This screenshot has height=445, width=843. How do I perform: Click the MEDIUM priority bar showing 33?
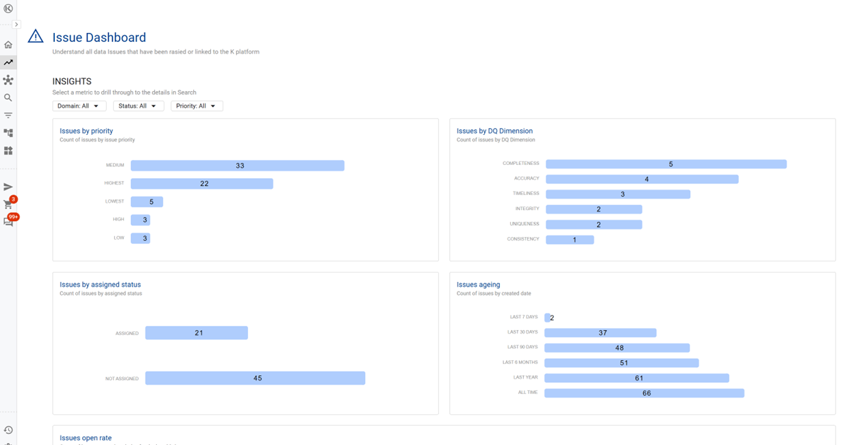237,166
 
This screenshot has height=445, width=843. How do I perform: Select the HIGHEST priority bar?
201,183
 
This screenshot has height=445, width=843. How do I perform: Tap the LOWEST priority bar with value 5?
147,202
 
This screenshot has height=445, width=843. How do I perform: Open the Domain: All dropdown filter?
79,106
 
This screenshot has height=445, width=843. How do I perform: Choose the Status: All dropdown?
138,106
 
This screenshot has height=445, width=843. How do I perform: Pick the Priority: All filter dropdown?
197,106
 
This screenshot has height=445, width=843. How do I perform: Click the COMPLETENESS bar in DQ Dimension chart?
666,164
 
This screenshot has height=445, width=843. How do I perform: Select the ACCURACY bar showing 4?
642,179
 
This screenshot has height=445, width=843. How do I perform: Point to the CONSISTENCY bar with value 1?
570,240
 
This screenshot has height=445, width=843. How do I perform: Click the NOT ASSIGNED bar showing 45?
255,378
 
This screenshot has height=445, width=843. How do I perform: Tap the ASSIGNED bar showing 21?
197,333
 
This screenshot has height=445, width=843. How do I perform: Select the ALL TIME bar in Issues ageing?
644,393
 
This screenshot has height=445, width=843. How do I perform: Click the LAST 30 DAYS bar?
601,333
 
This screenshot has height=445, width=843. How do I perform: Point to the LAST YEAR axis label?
525,377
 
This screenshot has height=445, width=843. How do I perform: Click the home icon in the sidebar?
8,45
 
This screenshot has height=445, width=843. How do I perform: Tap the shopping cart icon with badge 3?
8,204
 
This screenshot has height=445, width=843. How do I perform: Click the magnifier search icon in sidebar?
8,98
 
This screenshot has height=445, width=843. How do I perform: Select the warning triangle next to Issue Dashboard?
36,37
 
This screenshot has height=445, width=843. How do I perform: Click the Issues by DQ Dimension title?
494,131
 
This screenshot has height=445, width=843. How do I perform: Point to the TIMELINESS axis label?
526,194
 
